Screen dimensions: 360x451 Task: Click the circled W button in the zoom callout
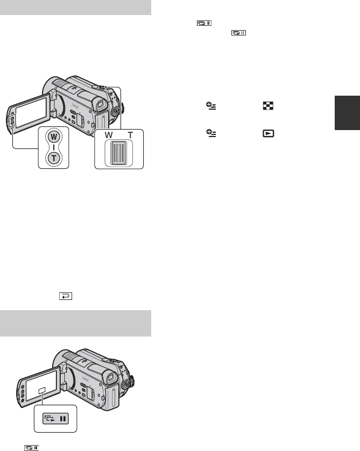point(54,137)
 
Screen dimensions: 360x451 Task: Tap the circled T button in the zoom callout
point(54,158)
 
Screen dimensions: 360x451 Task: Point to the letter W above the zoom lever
point(109,135)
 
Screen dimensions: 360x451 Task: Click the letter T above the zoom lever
point(130,135)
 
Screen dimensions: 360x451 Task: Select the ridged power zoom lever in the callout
point(118,153)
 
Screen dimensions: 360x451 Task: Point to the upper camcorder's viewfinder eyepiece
point(100,104)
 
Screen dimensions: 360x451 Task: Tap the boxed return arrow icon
point(66,296)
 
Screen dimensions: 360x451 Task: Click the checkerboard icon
point(268,106)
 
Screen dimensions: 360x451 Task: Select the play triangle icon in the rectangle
point(269,133)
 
